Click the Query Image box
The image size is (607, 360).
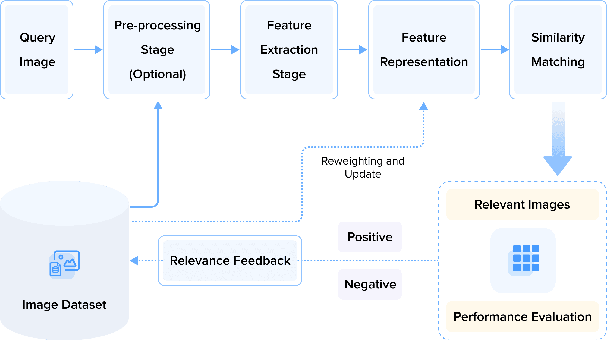37,50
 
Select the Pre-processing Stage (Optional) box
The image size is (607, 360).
157,50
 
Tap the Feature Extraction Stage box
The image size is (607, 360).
289,50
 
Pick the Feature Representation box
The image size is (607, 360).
424,50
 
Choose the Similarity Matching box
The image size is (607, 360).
558,50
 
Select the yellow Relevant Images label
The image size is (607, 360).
522,204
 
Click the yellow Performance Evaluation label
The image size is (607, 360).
522,317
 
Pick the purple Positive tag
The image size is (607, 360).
370,237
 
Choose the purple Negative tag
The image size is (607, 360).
370,284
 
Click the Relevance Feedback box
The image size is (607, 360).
230,261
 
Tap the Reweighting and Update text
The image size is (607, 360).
363,168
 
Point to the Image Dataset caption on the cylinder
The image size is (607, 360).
64,305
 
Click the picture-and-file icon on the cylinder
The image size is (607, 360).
64,264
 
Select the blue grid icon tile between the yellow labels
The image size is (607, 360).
523,261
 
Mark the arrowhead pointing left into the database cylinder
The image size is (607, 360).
134,261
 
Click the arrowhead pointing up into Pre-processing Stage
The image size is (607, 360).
158,105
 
